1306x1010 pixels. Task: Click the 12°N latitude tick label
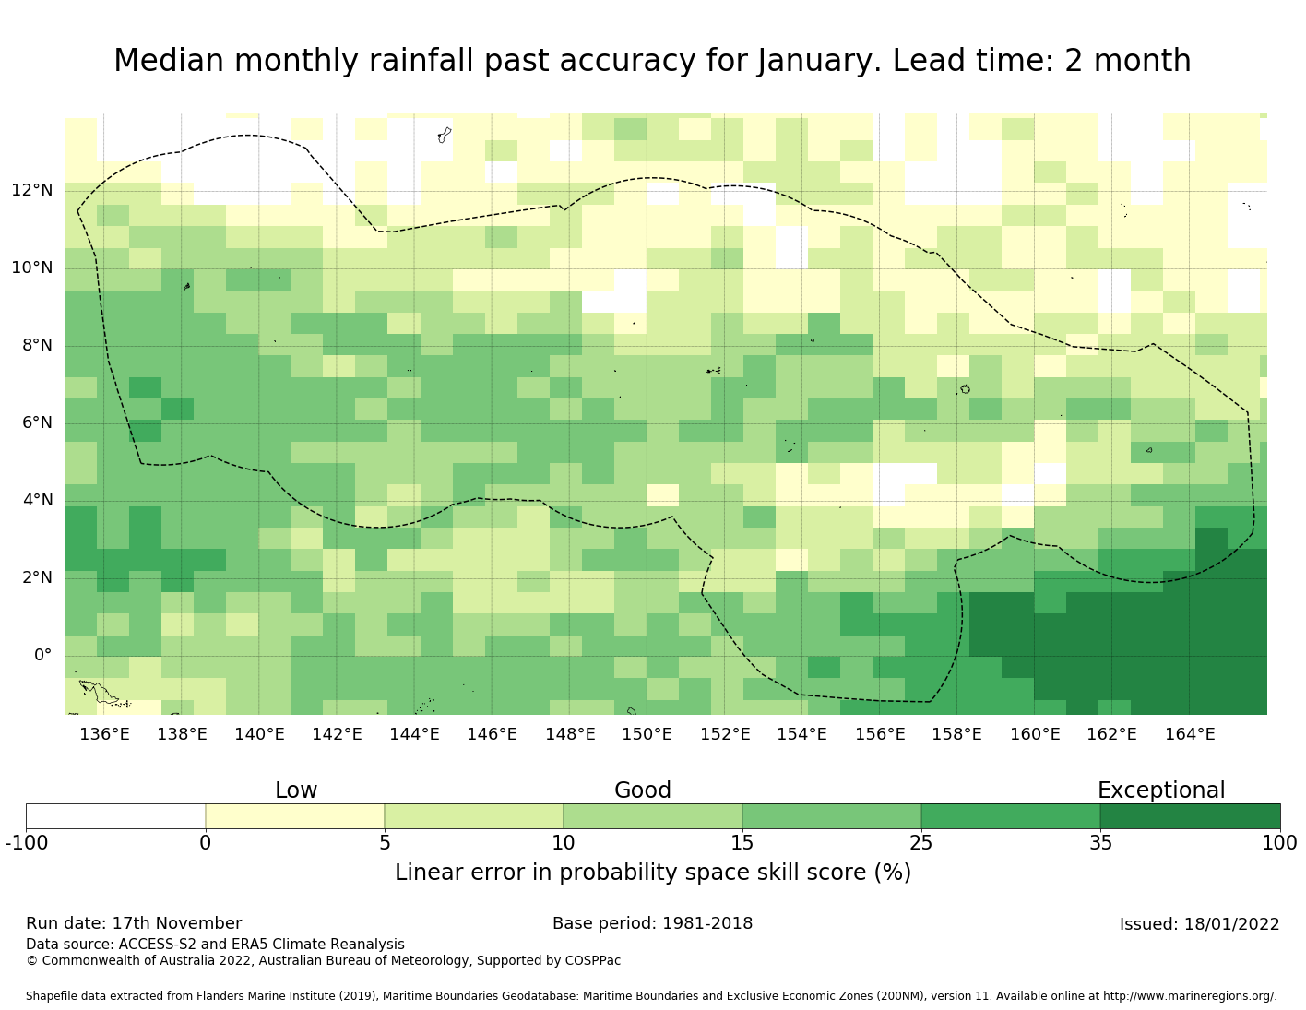(x=32, y=191)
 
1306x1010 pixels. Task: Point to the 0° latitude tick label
(x=42, y=656)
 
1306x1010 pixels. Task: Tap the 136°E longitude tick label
(x=104, y=734)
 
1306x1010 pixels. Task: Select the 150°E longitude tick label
(x=647, y=734)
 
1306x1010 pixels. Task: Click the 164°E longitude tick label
(x=1190, y=734)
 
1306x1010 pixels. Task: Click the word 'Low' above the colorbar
(x=296, y=790)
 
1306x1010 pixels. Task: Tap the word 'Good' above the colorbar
(x=643, y=790)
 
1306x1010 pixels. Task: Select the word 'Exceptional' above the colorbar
(x=1161, y=790)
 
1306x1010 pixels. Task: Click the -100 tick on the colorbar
(x=27, y=842)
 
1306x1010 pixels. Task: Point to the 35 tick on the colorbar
(x=1100, y=842)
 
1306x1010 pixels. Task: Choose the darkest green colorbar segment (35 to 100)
(x=1190, y=816)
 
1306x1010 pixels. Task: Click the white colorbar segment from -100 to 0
(x=115, y=816)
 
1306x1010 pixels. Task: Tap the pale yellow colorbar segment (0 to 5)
(x=295, y=816)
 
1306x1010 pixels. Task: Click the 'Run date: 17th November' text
(x=134, y=923)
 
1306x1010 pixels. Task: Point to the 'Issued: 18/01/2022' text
(x=1199, y=924)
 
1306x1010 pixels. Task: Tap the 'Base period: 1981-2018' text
(x=653, y=923)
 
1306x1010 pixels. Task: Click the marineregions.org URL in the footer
(x=1190, y=996)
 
